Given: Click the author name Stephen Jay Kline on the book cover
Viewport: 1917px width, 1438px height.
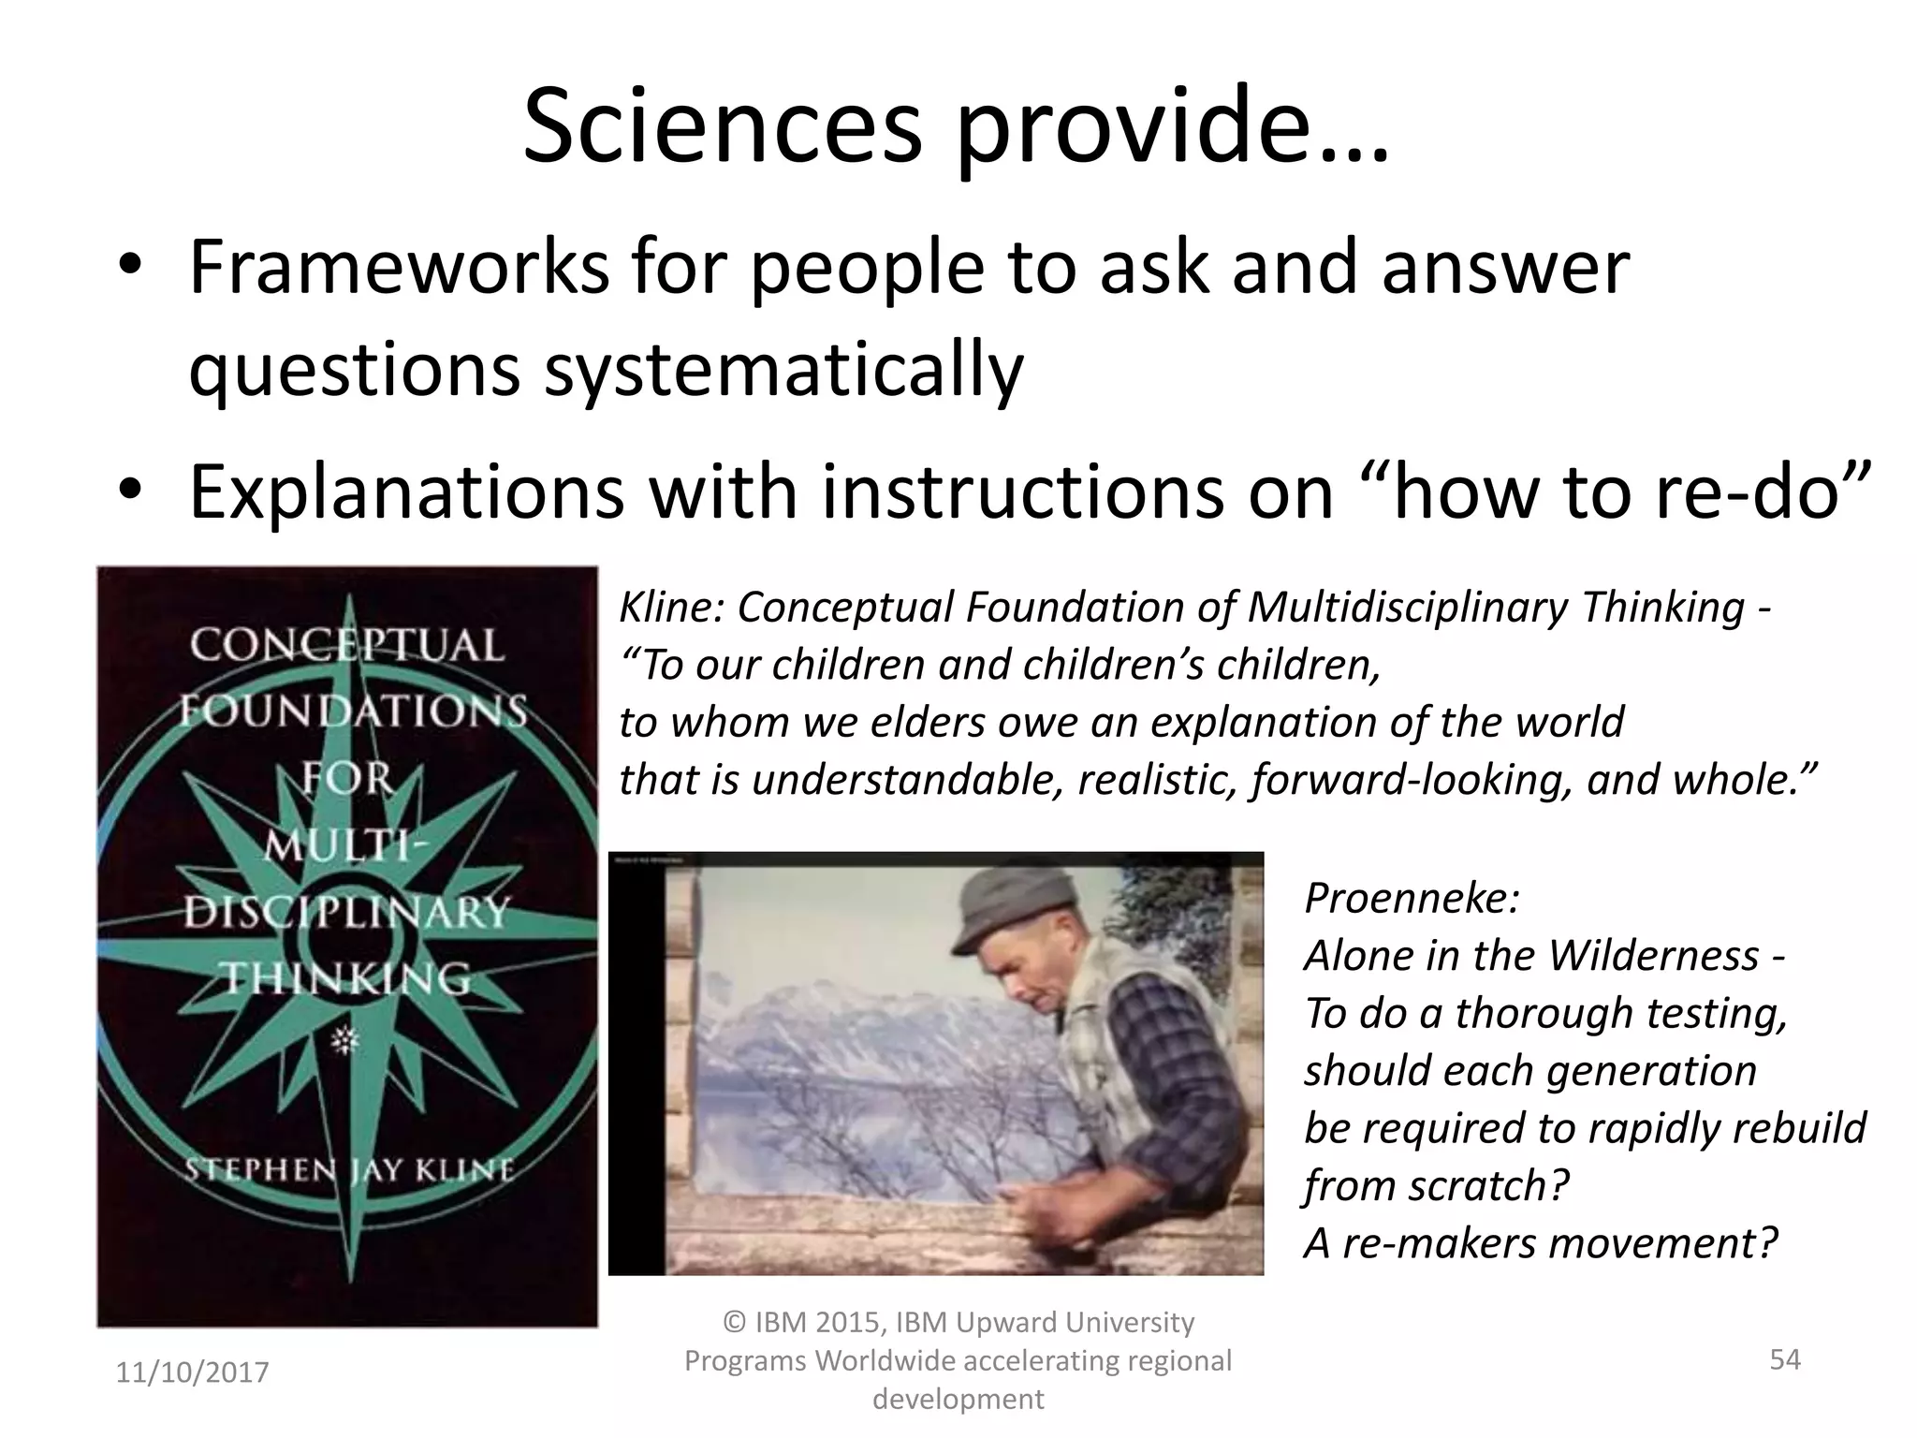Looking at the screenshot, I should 348,1170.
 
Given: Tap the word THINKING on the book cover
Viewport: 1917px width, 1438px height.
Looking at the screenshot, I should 346,979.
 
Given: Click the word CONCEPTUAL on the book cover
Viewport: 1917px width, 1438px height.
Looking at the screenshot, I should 346,646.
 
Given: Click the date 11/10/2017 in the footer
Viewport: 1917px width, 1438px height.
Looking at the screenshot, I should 192,1372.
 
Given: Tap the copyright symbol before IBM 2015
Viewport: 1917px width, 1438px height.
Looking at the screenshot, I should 736,1323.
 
